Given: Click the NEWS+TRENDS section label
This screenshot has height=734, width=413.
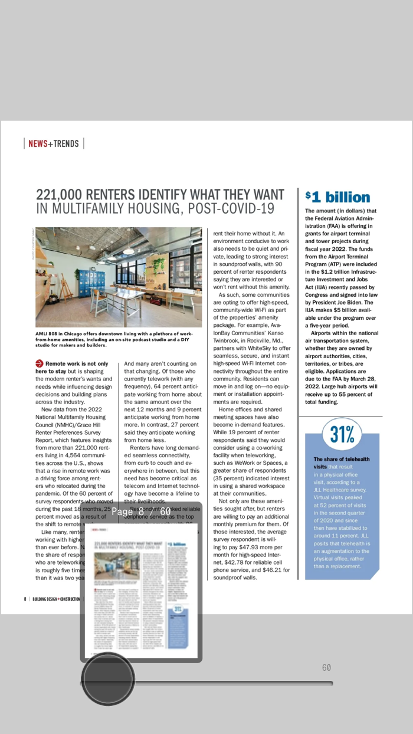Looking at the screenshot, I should (x=54, y=144).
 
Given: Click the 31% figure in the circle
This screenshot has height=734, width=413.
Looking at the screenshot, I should (x=342, y=435).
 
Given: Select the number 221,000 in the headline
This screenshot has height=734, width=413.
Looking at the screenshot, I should (x=60, y=195).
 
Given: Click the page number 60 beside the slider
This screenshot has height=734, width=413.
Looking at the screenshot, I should (x=326, y=668).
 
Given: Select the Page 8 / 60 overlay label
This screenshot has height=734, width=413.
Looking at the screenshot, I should (x=141, y=512).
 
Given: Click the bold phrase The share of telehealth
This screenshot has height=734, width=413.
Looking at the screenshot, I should (x=342, y=459).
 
